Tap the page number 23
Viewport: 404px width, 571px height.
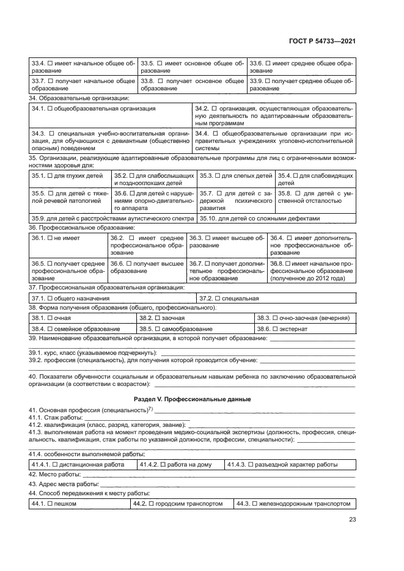point(352,520)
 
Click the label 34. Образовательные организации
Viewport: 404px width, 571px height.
point(79,98)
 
